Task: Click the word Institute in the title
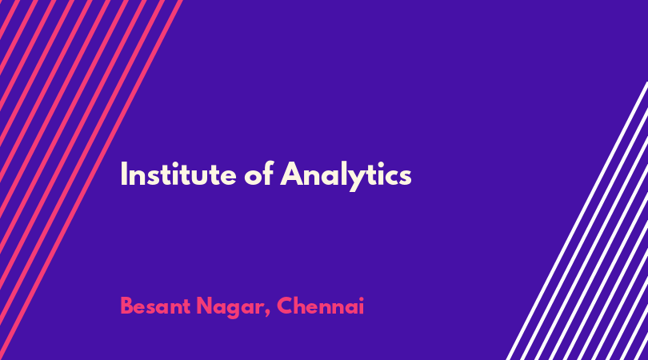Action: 178,174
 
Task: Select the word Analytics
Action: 346,176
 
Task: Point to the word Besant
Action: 155,306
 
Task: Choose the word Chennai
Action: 320,306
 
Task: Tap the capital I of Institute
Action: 123,174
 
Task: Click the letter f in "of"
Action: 268,173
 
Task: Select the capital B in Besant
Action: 126,306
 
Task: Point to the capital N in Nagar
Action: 205,306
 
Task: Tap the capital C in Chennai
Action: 285,306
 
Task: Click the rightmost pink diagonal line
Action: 90,180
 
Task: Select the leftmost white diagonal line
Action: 578,221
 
